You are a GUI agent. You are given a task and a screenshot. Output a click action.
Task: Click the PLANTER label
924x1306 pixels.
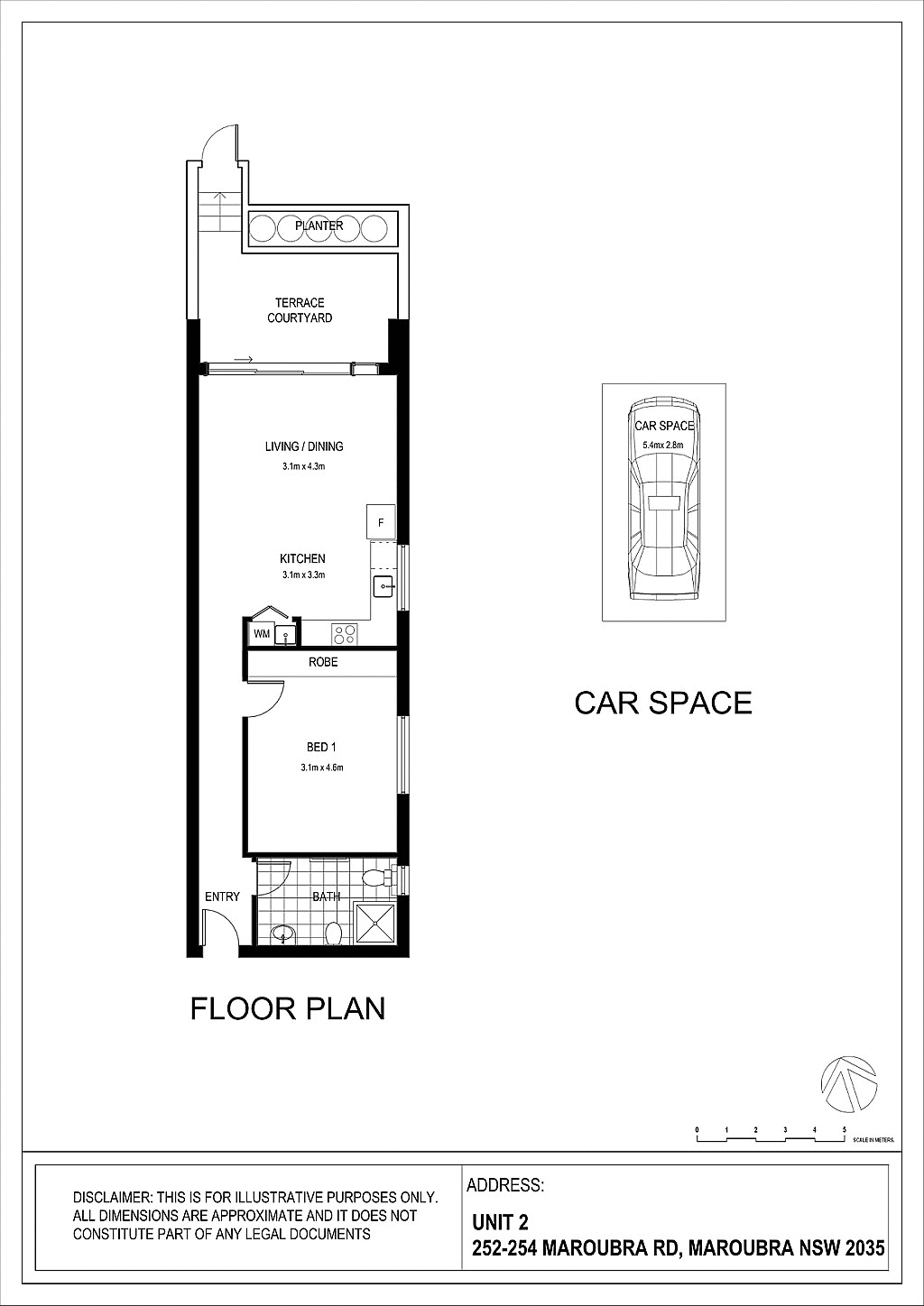319,225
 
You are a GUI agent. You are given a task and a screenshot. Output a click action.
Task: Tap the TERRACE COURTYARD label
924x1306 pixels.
300,310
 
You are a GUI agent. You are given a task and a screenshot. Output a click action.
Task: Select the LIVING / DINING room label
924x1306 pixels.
304,446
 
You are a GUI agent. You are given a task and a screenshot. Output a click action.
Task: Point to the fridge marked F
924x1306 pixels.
381,522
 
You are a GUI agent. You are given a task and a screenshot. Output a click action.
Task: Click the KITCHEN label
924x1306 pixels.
302,559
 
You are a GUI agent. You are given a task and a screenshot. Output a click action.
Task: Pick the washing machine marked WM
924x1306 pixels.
262,634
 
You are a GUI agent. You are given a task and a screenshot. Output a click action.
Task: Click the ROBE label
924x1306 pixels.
323,662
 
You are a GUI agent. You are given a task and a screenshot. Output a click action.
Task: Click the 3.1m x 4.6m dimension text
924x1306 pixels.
322,768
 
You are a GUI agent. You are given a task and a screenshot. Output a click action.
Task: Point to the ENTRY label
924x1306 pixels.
222,897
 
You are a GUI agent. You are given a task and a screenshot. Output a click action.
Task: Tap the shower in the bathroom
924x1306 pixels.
373,922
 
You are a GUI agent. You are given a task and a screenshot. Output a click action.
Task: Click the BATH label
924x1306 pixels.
326,897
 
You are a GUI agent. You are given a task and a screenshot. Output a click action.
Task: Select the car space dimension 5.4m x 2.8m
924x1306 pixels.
663,446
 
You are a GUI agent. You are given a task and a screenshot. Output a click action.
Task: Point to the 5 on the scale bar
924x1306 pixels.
845,1129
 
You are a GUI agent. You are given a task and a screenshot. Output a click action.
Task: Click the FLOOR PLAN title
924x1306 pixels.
288,1008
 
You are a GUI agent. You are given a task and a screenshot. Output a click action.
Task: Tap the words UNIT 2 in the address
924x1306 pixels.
500,1222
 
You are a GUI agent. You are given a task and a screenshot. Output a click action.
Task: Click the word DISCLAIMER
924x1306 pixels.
112,1198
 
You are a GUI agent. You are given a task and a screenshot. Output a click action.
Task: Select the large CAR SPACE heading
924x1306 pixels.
663,703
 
